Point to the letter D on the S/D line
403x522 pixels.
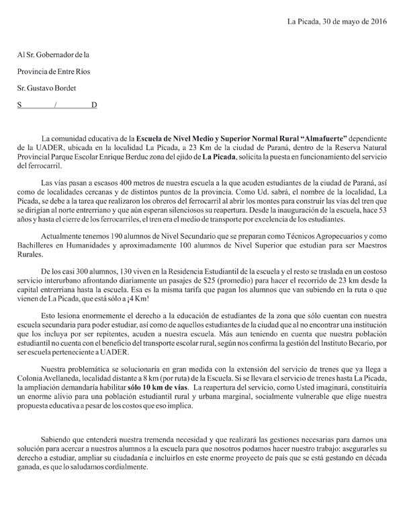click(94, 105)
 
